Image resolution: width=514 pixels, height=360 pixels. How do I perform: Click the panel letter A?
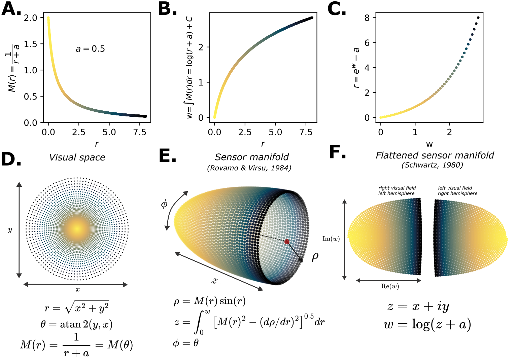click(x=11, y=9)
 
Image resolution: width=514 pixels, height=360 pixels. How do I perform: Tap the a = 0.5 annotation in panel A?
click(x=90, y=48)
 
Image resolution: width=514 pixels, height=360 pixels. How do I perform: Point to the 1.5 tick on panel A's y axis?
click(x=31, y=44)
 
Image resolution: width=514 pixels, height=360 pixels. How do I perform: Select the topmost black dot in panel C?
click(x=478, y=17)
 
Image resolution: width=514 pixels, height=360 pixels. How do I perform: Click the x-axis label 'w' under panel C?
click(x=429, y=144)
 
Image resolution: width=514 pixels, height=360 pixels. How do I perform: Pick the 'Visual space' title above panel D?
click(x=77, y=157)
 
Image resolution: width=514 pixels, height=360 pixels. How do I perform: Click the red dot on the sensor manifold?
click(x=287, y=242)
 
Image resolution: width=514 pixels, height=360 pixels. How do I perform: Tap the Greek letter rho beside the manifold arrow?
click(x=315, y=257)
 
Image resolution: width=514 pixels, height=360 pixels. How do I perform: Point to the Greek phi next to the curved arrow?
click(x=164, y=204)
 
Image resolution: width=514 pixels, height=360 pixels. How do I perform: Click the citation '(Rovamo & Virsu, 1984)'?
click(x=249, y=168)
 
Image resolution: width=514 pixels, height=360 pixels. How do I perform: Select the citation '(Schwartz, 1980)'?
click(x=432, y=165)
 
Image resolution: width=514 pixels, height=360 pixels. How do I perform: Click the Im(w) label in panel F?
click(x=331, y=239)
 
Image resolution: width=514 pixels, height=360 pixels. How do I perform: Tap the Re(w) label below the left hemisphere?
click(x=390, y=286)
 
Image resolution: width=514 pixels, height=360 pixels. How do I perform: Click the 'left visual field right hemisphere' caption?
click(x=457, y=191)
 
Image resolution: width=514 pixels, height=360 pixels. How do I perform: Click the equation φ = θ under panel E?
click(x=186, y=343)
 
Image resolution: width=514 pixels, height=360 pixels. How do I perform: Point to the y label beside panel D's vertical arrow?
click(x=10, y=230)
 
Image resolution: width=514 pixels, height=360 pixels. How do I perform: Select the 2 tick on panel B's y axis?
click(x=201, y=47)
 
